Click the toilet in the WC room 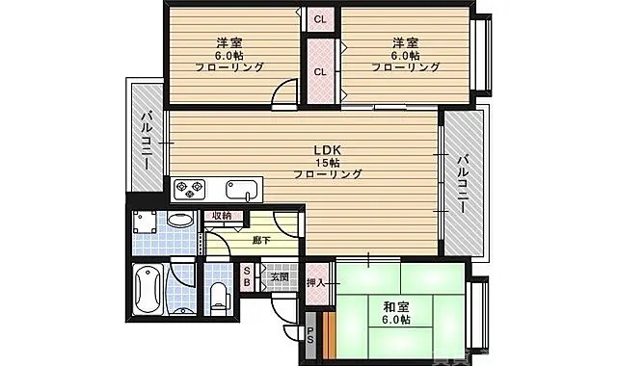click(x=219, y=294)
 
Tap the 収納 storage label click(x=222, y=216)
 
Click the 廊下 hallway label click(x=260, y=240)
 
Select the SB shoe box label click(x=247, y=277)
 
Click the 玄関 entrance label click(x=279, y=277)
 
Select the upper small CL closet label click(x=319, y=18)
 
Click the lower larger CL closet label click(x=319, y=71)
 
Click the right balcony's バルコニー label click(x=463, y=182)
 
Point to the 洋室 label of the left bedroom click(x=228, y=42)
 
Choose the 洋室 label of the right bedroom click(x=404, y=42)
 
